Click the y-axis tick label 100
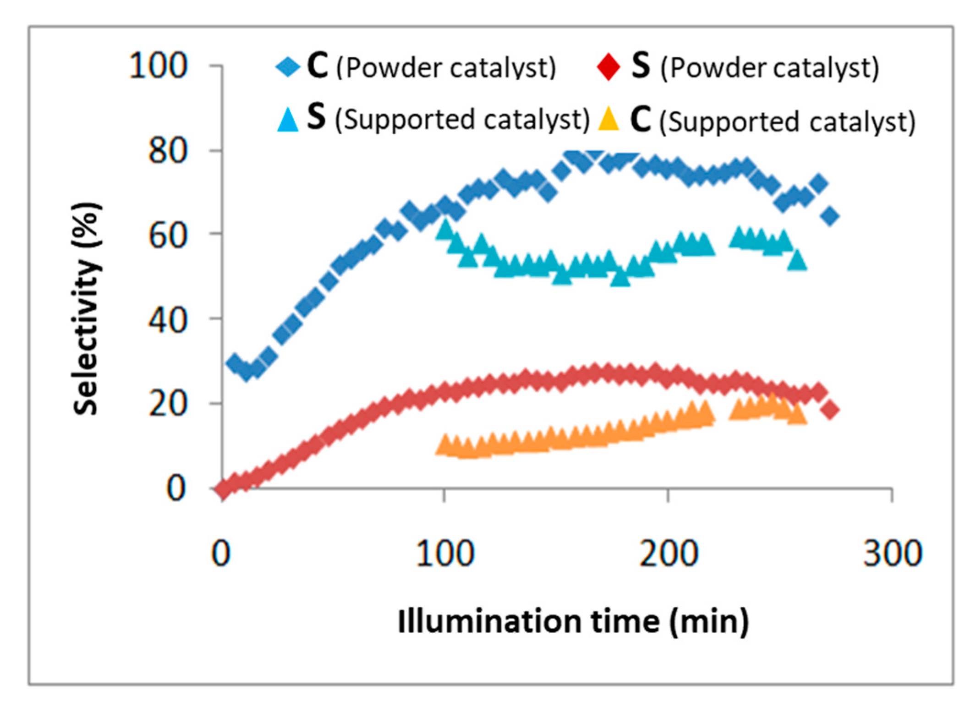click(158, 66)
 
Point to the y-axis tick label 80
click(168, 151)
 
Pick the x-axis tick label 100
click(444, 554)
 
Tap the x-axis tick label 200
click(669, 554)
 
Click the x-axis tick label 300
click(892, 554)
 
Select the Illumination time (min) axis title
click(573, 622)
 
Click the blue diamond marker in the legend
click(288, 67)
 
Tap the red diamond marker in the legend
click(608, 67)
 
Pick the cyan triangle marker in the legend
click(288, 120)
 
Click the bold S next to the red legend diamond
click(640, 66)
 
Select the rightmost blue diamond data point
click(830, 216)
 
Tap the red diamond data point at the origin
click(223, 490)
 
